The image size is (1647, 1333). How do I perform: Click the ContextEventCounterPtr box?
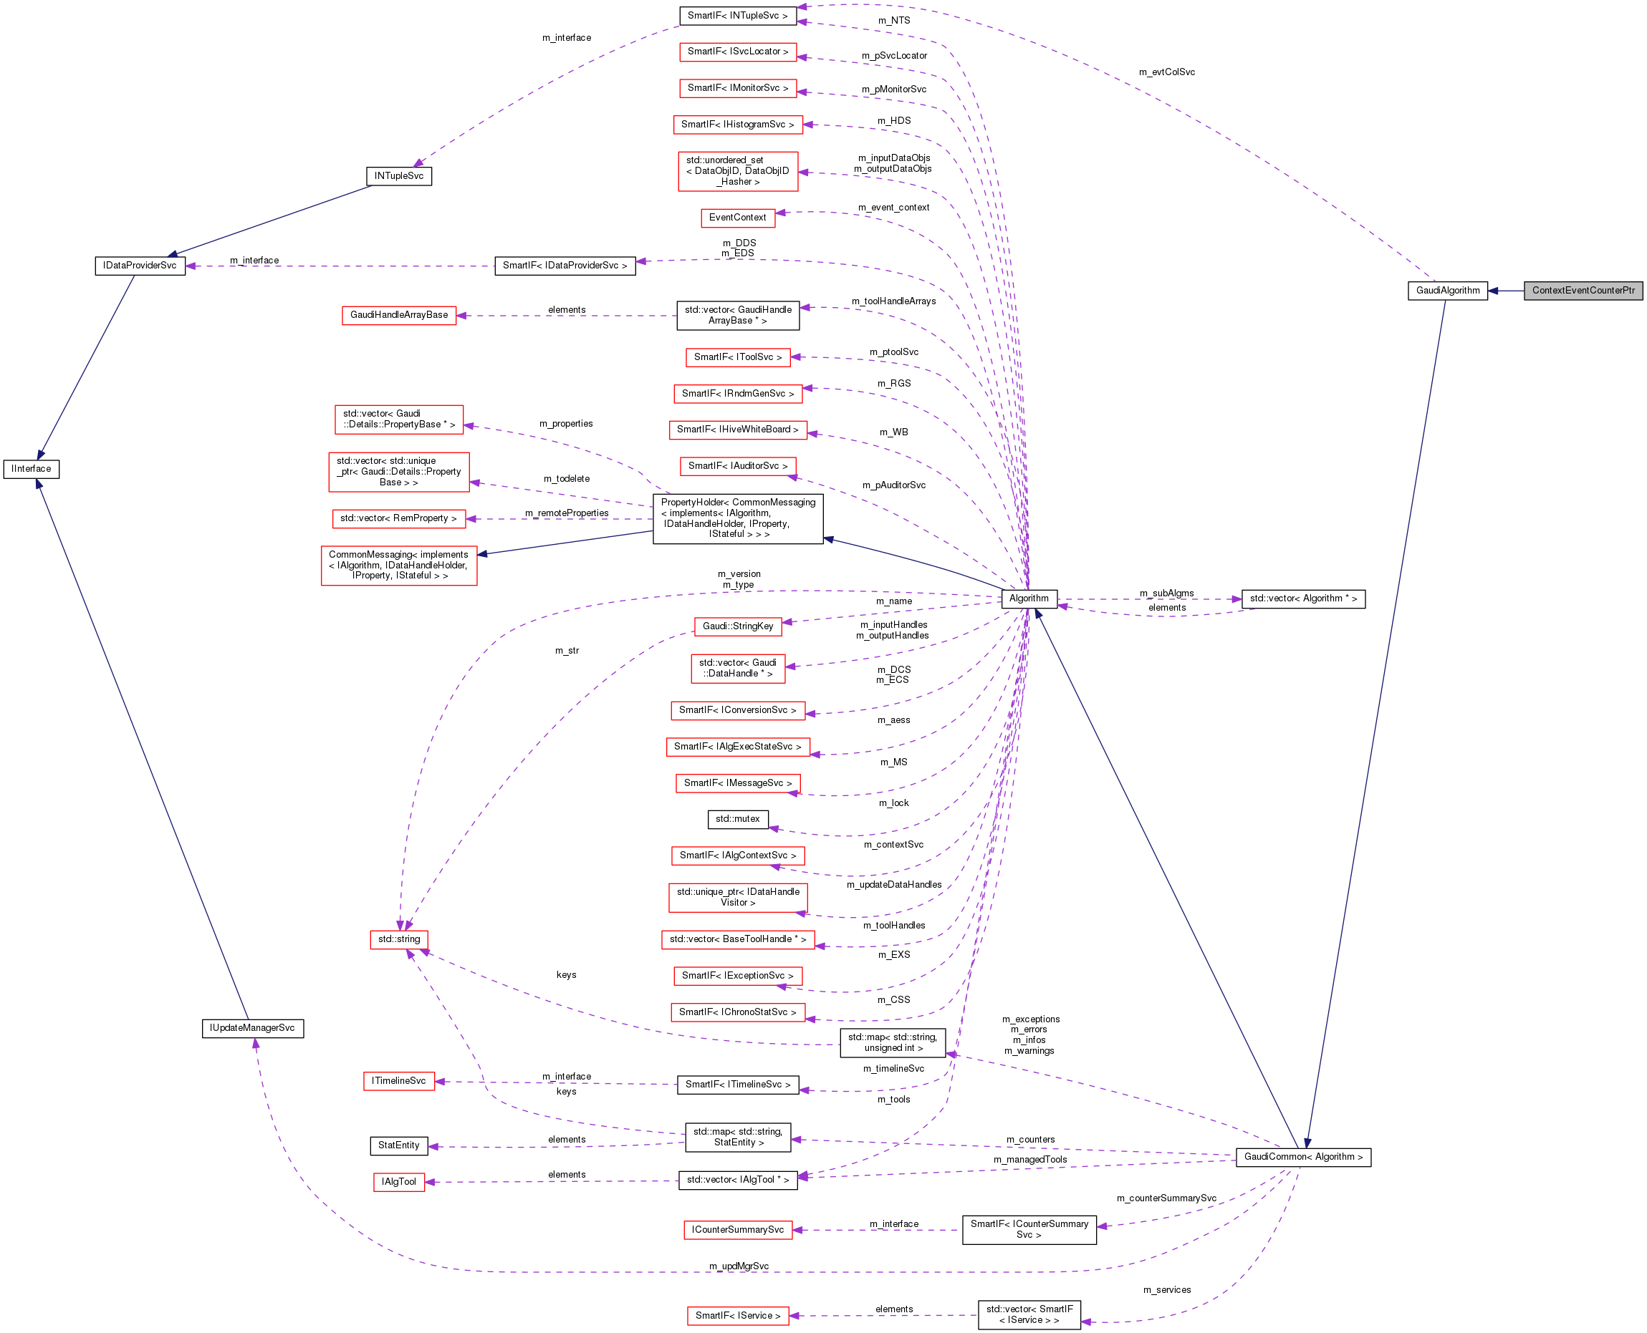1583,290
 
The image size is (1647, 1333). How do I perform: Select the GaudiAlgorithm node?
1447,290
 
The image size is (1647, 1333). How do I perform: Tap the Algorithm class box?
1029,598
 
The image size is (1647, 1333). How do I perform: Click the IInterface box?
32,468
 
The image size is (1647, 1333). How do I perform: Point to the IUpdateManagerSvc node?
252,1027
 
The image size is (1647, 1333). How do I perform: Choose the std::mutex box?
737,818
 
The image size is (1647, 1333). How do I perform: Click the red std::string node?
399,939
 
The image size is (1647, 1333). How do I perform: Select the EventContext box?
737,218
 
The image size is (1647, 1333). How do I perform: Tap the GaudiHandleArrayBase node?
399,315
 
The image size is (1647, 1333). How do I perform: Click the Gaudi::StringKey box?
737,626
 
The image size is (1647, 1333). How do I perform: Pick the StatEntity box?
399,1145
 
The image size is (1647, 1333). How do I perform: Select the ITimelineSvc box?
399,1080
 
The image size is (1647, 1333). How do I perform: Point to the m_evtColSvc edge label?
1167,72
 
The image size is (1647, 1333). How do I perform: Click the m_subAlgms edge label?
1166,593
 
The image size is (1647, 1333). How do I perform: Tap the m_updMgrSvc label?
738,1266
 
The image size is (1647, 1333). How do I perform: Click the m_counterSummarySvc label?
1166,1198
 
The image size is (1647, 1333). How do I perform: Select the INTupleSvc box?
399,176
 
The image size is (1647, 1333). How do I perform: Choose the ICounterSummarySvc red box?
737,1229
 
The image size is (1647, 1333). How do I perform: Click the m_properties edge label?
565,423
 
